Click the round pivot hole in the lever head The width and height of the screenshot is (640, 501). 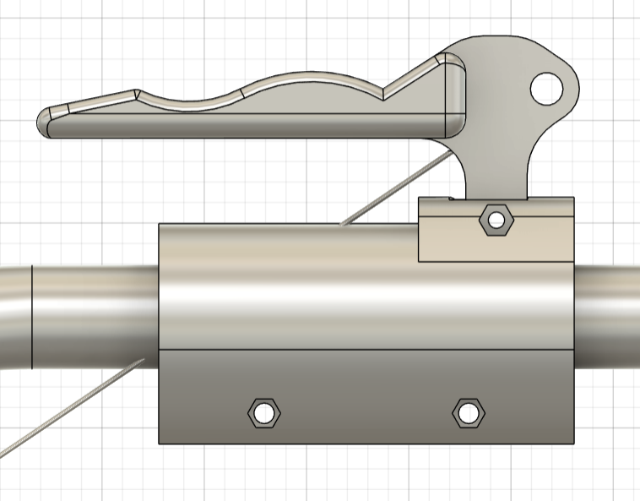[546, 87]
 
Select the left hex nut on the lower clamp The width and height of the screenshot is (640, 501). [264, 413]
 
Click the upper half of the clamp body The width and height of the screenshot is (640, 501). [287, 287]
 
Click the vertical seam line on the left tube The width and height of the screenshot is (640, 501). [31, 317]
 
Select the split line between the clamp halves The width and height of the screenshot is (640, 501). [363, 349]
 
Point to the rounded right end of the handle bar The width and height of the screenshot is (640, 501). [456, 97]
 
